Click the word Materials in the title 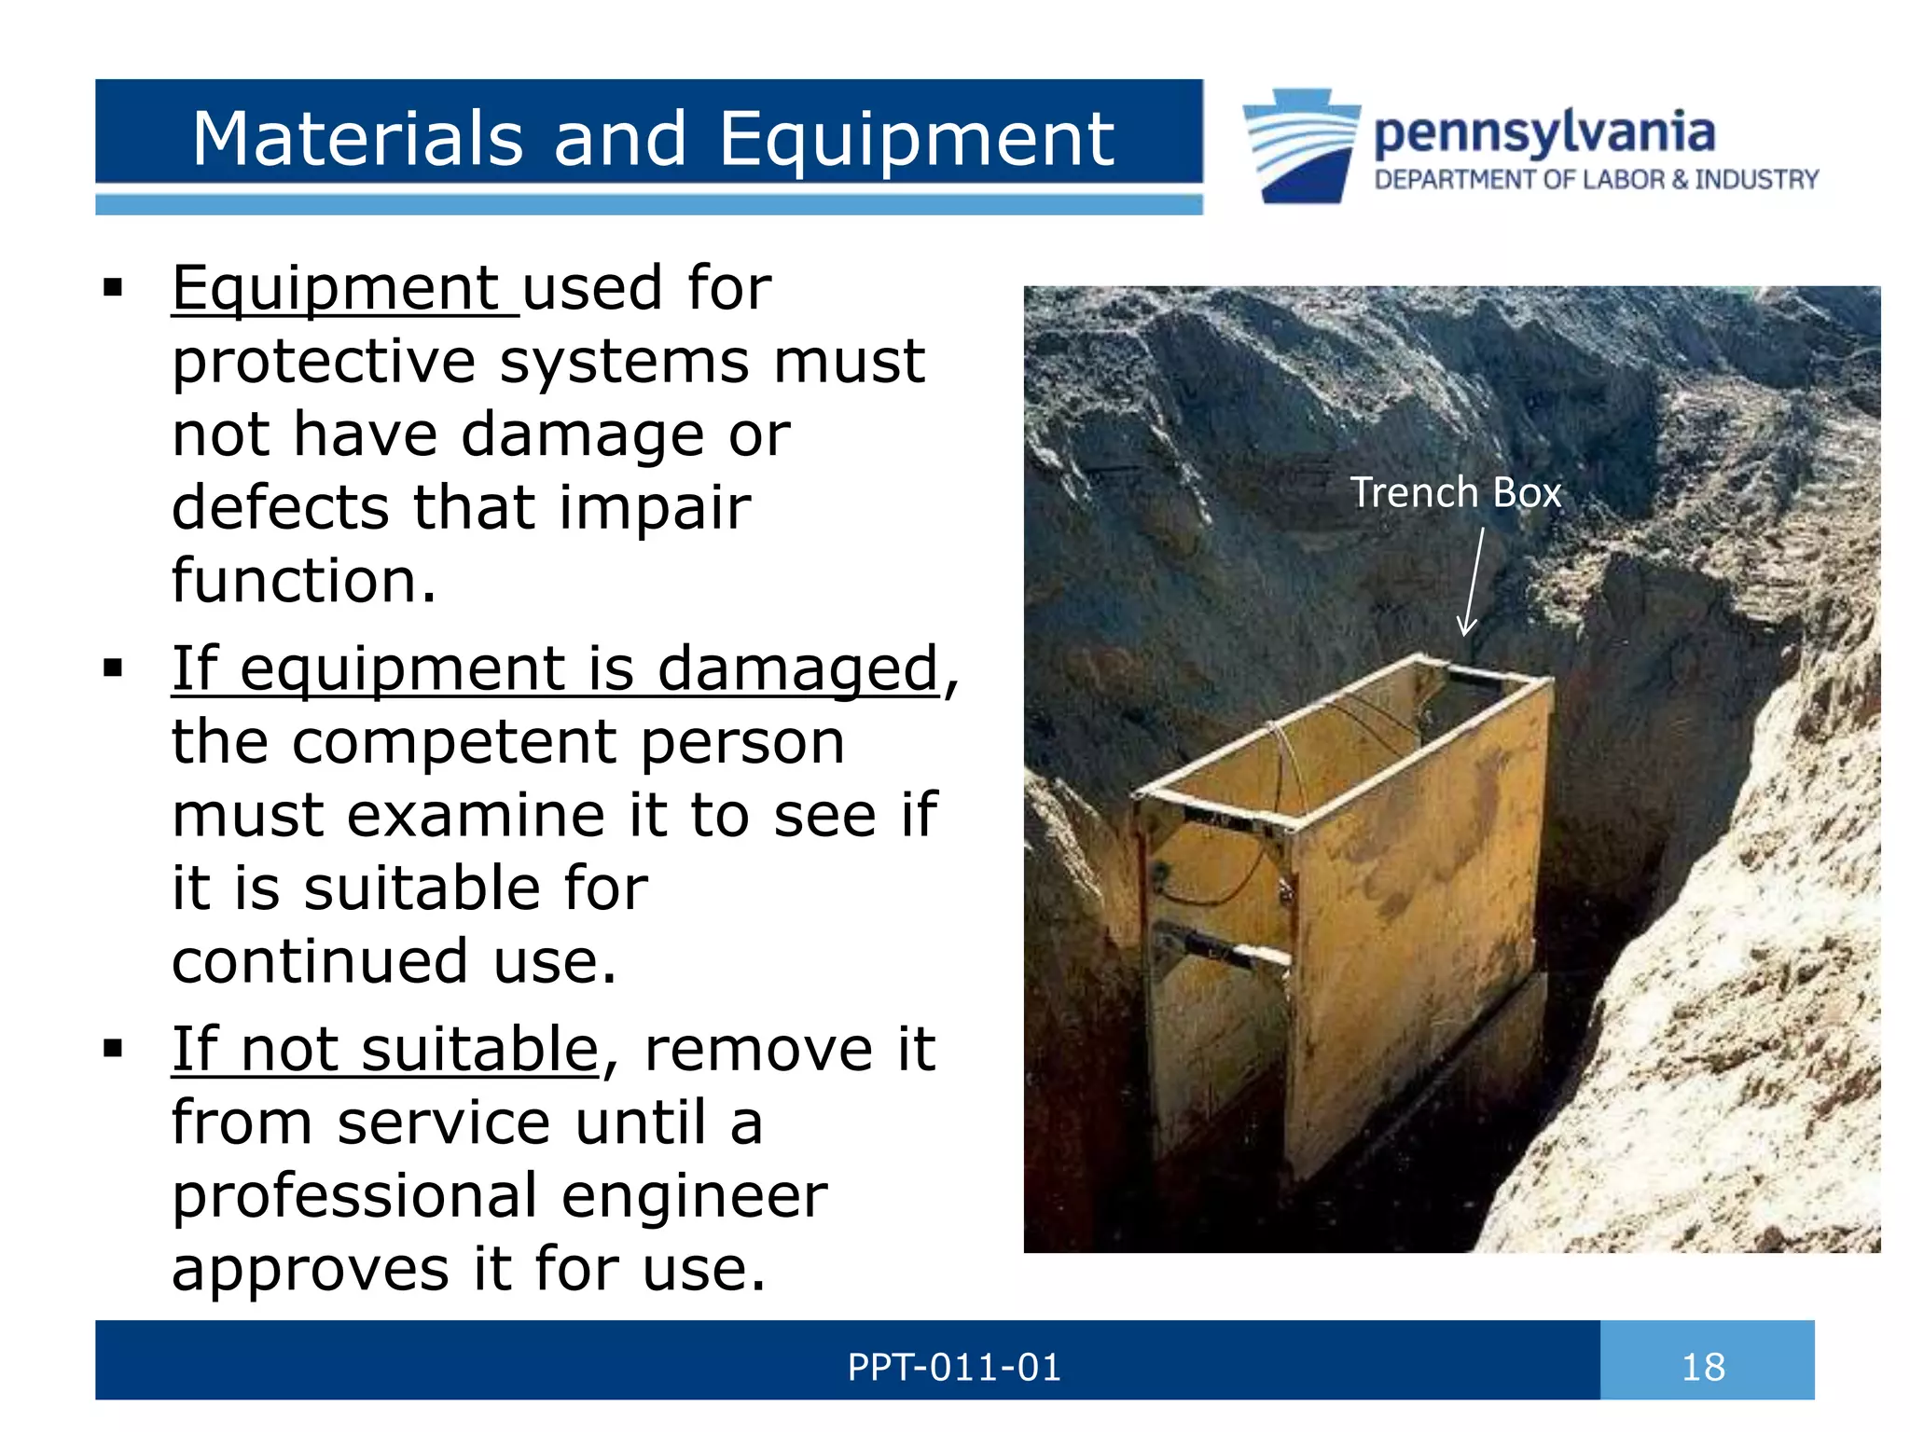356,140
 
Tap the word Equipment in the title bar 916,140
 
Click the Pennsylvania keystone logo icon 1301,145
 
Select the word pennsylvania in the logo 1543,133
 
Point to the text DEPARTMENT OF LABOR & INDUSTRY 1596,180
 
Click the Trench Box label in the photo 1455,492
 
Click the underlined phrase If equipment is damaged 555,668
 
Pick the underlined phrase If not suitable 384,1050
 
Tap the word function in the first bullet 303,581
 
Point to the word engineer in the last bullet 694,1196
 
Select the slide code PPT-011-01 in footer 953,1368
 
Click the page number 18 1703,1368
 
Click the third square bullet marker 113,1049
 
